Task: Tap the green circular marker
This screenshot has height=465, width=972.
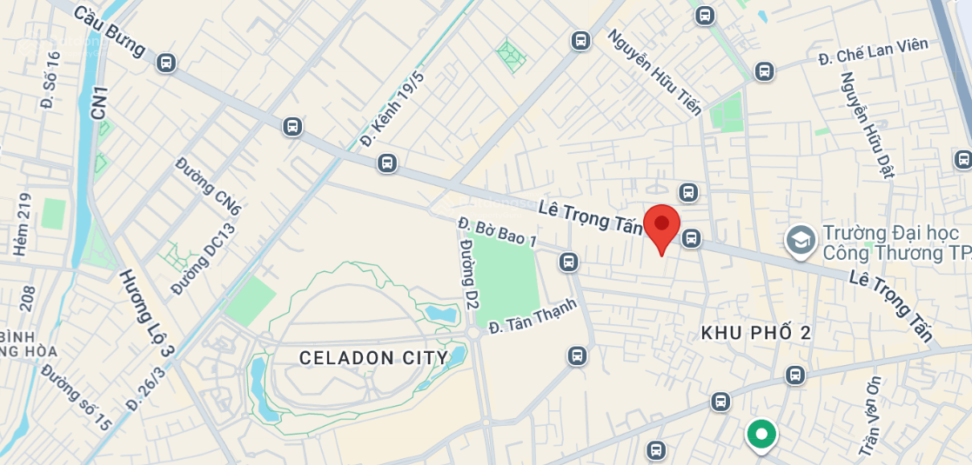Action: [761, 435]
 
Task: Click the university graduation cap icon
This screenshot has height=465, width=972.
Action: [800, 241]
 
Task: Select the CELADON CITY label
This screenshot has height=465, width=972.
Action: [373, 357]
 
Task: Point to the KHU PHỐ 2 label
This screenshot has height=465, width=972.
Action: [755, 332]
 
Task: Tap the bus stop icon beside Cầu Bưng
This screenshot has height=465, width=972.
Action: [166, 63]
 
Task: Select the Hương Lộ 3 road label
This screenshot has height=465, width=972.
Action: [146, 314]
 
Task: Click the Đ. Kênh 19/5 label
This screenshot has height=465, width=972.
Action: [392, 109]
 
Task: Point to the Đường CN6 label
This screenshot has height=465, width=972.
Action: [208, 186]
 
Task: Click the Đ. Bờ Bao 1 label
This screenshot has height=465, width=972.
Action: [498, 231]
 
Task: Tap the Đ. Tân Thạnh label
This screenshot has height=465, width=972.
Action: [533, 316]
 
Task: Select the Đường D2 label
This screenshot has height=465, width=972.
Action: [470, 276]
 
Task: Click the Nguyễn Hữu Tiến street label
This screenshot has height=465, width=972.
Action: [654, 72]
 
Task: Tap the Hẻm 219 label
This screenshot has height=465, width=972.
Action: [22, 223]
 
